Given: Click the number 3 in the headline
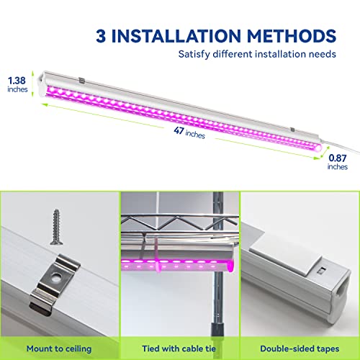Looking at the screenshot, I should point(102,35).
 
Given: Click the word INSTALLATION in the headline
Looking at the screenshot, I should point(179,35).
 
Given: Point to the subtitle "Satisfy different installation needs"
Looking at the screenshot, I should point(256,53).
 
